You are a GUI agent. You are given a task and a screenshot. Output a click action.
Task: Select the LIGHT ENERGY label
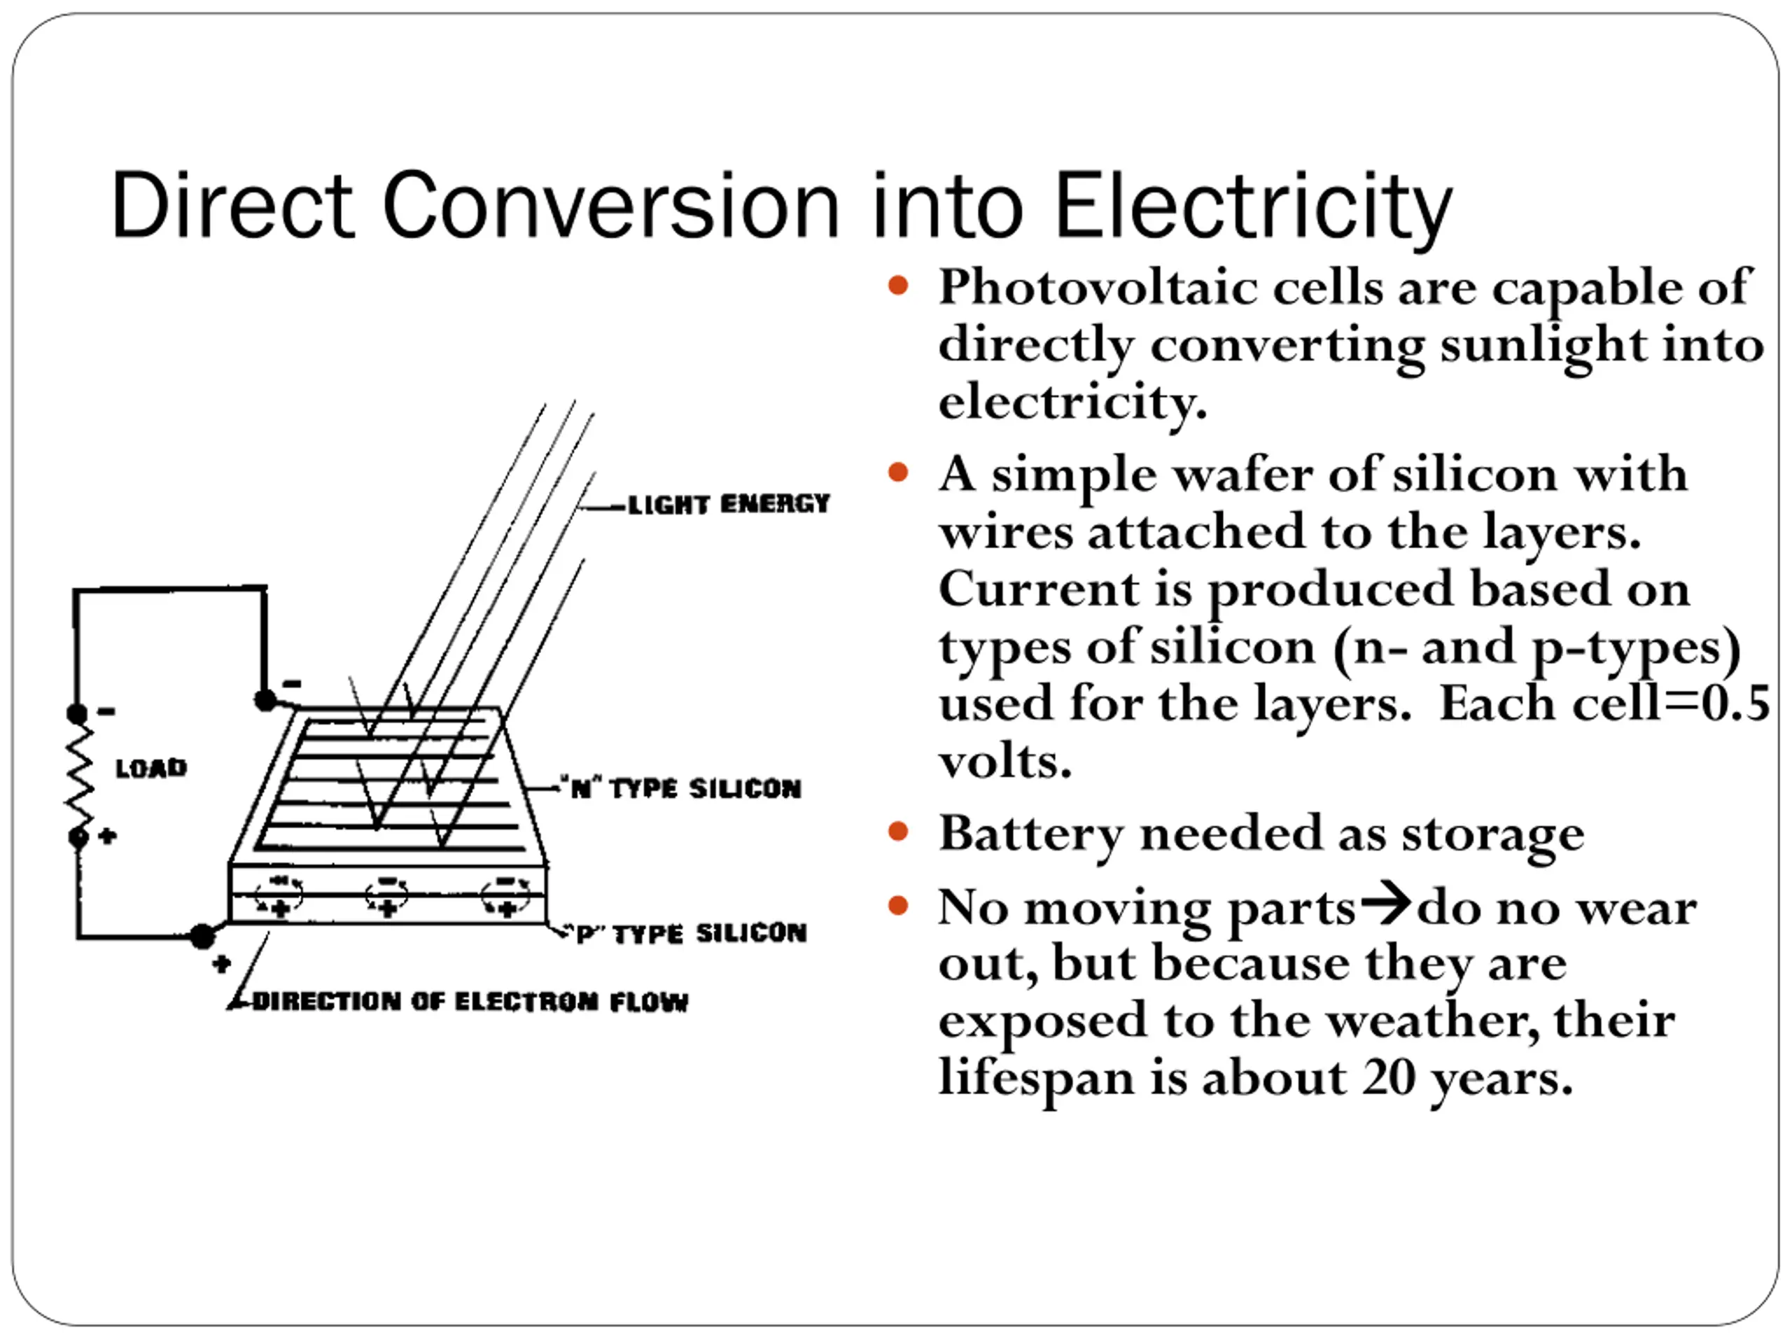[729, 504]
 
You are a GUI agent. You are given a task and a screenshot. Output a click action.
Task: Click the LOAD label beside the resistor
[150, 767]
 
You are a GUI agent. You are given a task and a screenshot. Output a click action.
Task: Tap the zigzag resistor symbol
[78, 773]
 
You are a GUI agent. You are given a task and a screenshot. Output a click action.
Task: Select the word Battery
[1031, 834]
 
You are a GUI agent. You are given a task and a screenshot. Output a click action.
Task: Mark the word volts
[1004, 762]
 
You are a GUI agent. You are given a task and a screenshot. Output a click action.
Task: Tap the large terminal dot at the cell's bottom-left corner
[202, 937]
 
